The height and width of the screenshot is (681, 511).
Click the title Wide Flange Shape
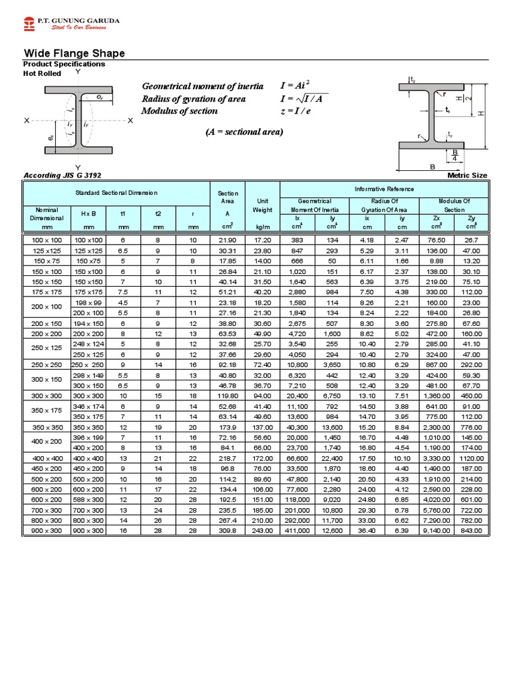(74, 53)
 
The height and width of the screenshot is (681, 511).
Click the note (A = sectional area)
(244, 132)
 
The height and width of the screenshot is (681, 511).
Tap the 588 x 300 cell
(88, 499)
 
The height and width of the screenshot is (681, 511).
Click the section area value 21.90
(228, 239)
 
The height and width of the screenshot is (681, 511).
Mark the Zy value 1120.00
(472, 458)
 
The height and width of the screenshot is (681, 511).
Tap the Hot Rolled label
(43, 73)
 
